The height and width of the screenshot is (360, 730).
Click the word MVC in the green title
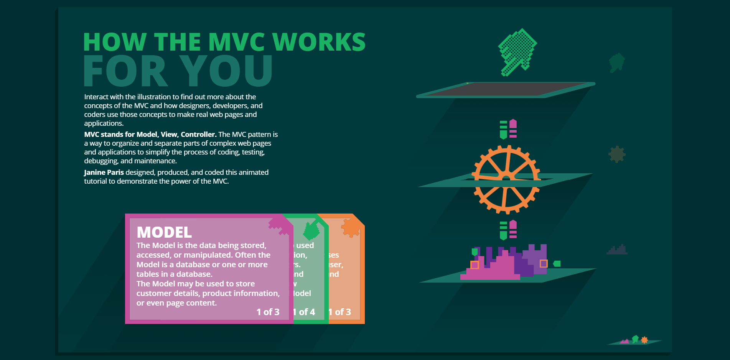tap(236, 42)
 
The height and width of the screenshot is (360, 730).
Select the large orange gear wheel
tap(506, 179)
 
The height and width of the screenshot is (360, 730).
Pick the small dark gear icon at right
tap(617, 154)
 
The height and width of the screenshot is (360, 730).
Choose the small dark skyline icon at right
tap(617, 250)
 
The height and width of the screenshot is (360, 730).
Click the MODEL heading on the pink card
tap(164, 232)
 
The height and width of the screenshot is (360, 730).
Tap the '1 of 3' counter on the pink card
tap(268, 312)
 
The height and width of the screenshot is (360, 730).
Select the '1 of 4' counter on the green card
tap(305, 312)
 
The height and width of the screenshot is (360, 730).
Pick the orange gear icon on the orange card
tap(351, 228)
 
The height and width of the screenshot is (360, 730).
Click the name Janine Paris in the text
tap(104, 173)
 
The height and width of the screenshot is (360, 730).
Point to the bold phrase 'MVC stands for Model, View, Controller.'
tap(150, 135)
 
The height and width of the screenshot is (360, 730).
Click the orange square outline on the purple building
tap(544, 263)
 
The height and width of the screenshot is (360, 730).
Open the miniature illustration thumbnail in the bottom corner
tap(634, 340)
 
